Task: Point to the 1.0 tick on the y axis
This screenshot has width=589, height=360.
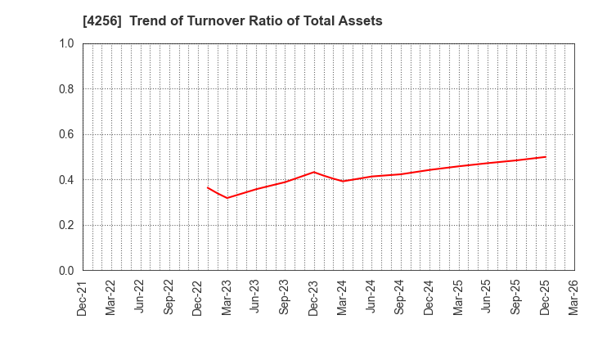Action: coord(66,43)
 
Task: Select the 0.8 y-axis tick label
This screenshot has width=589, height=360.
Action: coord(66,89)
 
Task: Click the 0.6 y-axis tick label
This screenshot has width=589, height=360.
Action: coord(66,134)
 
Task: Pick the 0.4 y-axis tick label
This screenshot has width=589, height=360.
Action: coord(66,180)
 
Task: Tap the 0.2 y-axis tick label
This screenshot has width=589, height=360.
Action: coord(66,225)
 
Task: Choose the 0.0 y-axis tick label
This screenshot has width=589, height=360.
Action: coord(66,271)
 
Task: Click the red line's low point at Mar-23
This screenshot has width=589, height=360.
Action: coord(227,198)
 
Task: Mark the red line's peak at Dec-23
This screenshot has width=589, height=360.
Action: coord(314,172)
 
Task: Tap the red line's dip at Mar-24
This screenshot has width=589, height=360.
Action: coord(343,181)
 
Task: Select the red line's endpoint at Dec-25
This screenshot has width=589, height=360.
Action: coord(546,157)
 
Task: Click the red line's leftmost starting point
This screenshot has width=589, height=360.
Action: coord(208,187)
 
